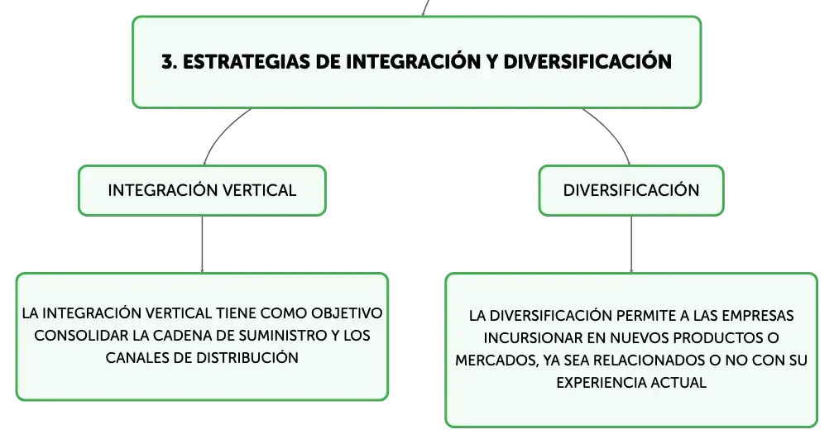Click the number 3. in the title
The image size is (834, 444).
tap(169, 62)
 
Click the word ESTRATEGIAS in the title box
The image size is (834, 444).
tap(247, 62)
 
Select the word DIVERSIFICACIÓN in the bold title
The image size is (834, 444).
tap(587, 62)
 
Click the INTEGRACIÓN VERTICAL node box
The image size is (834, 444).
tap(202, 190)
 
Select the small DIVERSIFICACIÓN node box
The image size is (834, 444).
tap(631, 190)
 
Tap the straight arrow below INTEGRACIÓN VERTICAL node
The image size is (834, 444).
tap(202, 245)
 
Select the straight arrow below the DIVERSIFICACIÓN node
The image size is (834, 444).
tap(631, 245)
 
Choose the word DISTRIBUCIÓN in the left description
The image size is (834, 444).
tap(247, 358)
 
